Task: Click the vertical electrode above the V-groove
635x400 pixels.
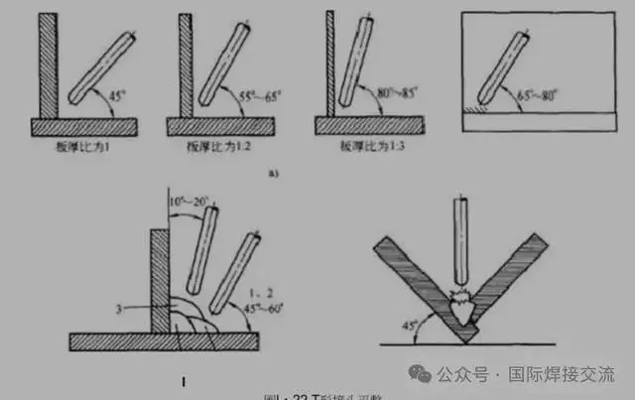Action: tap(461, 238)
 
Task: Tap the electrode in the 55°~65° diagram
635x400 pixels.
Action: tap(224, 63)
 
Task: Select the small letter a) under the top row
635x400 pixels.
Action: tap(273, 174)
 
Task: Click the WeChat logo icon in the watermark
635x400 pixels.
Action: tap(423, 374)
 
